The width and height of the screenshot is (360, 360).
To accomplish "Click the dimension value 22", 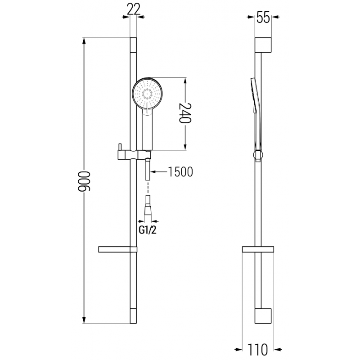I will (x=133, y=8).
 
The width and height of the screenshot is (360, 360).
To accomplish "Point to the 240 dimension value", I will (x=185, y=113).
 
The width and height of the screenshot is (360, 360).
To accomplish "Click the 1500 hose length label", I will (x=180, y=171).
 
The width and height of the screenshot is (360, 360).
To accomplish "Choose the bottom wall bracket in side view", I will (x=264, y=316).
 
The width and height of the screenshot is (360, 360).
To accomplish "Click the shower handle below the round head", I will (x=147, y=130).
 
